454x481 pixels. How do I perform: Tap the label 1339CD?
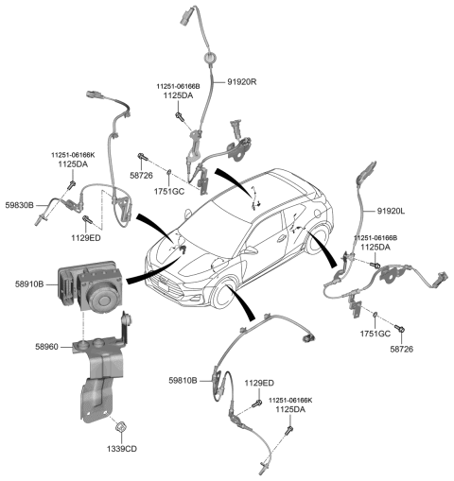click(x=120, y=448)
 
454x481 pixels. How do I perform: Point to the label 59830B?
click(x=19, y=204)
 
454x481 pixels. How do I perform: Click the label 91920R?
click(x=242, y=82)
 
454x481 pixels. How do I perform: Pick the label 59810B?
click(x=180, y=381)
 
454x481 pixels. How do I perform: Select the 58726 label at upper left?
click(x=141, y=176)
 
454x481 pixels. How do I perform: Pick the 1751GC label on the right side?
click(x=375, y=334)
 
